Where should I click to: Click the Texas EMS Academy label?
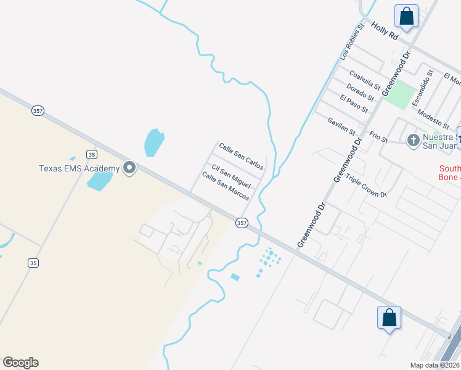[x=79, y=168]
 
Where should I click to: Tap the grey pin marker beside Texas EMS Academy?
[x=129, y=168]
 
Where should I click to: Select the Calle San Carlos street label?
[x=242, y=157]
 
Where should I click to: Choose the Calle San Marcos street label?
[x=226, y=186]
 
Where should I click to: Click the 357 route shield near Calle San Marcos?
[x=242, y=223]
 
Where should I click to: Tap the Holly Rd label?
[x=385, y=31]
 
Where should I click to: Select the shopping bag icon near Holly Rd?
[x=407, y=16]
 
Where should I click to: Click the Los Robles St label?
[x=349, y=41]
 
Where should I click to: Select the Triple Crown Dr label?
[x=366, y=186]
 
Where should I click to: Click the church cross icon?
[x=414, y=140]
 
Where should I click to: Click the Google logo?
[x=20, y=363]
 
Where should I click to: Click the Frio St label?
[x=378, y=136]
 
